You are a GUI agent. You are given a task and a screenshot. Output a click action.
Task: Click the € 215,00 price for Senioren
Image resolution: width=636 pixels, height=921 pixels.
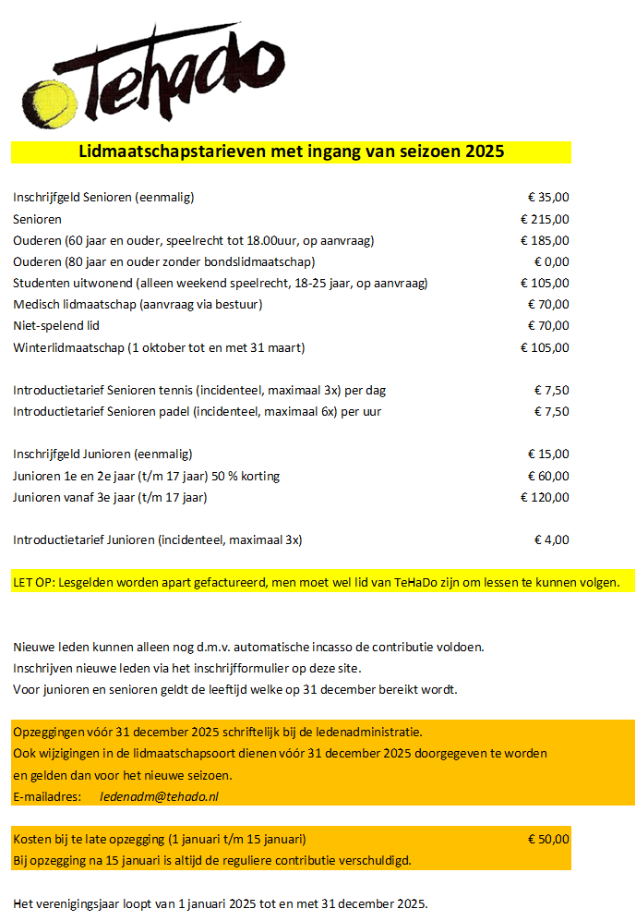[545, 219]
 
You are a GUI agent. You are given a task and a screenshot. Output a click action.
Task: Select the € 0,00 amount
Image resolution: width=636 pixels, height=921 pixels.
[551, 261]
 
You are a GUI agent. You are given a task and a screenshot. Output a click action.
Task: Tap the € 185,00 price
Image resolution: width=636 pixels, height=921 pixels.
[545, 240]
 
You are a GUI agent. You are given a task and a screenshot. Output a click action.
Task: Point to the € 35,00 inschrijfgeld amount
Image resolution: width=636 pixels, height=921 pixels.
[548, 197]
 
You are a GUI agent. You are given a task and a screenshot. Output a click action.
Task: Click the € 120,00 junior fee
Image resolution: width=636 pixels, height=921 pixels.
[545, 497]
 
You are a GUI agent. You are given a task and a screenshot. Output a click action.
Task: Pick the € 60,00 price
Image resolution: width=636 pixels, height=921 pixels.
[548, 476]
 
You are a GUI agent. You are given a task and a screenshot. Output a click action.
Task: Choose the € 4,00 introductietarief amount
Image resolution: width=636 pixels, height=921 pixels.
[552, 539]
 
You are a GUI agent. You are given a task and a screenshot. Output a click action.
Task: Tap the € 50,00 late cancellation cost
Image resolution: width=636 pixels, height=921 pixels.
[548, 839]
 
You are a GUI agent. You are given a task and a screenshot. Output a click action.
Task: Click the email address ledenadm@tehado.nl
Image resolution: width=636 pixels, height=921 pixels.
[159, 795]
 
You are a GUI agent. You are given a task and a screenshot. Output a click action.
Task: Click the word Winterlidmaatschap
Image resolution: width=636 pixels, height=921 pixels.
[69, 347]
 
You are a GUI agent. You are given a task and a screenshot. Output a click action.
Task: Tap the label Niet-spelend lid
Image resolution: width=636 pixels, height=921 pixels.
[56, 325]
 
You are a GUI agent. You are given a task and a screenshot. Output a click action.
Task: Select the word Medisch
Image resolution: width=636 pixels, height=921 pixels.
[38, 304]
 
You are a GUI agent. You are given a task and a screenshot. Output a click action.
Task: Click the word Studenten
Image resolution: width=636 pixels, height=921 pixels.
[42, 283]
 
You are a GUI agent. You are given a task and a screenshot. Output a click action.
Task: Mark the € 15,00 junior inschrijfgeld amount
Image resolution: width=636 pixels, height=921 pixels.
[548, 454]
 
